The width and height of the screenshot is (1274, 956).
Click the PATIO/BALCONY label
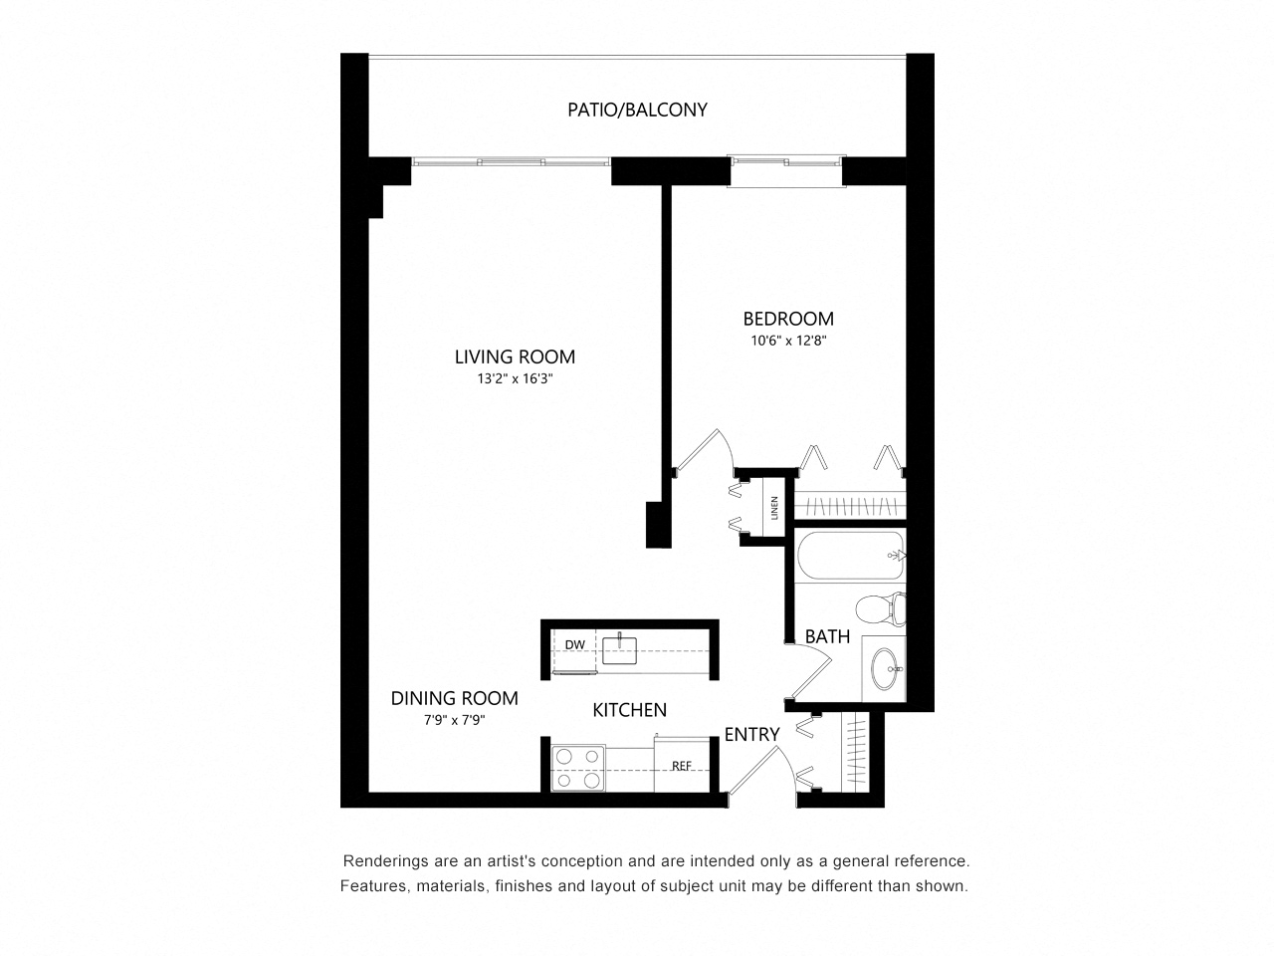tap(637, 110)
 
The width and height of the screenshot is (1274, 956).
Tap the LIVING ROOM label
tap(515, 357)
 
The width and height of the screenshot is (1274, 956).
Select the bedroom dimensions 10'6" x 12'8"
tap(788, 341)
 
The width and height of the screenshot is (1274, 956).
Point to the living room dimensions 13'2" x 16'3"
tap(515, 378)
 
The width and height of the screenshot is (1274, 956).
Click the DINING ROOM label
tap(454, 698)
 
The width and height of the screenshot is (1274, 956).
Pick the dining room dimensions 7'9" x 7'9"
tap(454, 721)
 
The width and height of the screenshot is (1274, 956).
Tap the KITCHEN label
tap(629, 710)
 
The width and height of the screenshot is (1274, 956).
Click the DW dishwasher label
tap(574, 645)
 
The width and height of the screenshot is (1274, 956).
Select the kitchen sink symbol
tap(619, 649)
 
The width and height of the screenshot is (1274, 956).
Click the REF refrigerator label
tap(682, 766)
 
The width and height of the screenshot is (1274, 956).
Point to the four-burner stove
tap(578, 768)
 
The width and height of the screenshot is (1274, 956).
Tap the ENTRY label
tap(751, 735)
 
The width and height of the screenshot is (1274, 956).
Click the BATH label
tap(827, 635)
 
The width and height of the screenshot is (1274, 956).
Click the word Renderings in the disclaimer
tap(382, 861)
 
